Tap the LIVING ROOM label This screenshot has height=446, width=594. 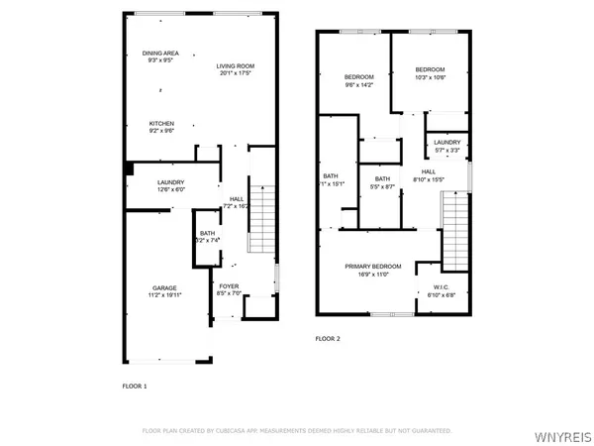[236, 66]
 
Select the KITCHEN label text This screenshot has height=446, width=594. [161, 124]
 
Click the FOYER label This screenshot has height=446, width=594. [229, 287]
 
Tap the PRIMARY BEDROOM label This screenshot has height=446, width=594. [373, 267]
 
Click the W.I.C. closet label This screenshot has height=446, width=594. [441, 287]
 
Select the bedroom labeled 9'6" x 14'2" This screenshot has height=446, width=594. [358, 77]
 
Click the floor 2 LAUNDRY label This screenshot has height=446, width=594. [446, 143]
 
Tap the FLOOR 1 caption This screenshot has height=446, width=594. [134, 385]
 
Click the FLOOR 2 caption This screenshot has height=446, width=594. [327, 339]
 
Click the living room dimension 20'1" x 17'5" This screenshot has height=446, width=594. [236, 73]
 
